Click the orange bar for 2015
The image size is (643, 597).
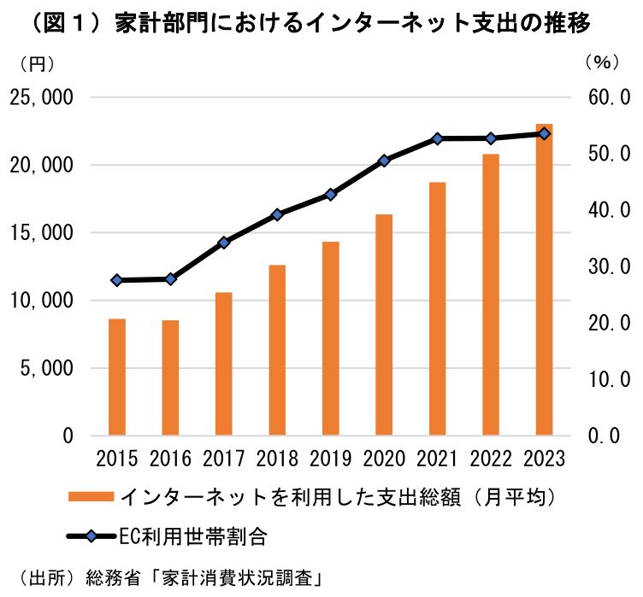[x=117, y=377]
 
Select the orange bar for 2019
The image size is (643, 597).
[x=331, y=338]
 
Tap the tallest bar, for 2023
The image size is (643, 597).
[x=545, y=279]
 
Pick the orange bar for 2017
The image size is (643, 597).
[x=224, y=364]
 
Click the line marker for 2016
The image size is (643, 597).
[x=171, y=279]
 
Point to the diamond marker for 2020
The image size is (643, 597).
[x=384, y=161]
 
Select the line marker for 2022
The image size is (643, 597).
[x=491, y=138]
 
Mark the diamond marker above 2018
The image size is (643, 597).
[x=277, y=214]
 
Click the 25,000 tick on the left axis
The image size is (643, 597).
[x=42, y=97]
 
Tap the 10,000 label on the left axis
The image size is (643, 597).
[x=42, y=301]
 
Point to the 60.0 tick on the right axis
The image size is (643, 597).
[x=606, y=97]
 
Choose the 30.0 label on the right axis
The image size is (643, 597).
[x=606, y=267]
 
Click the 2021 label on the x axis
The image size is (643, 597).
[x=437, y=459]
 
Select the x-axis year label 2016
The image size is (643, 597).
[x=170, y=459]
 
